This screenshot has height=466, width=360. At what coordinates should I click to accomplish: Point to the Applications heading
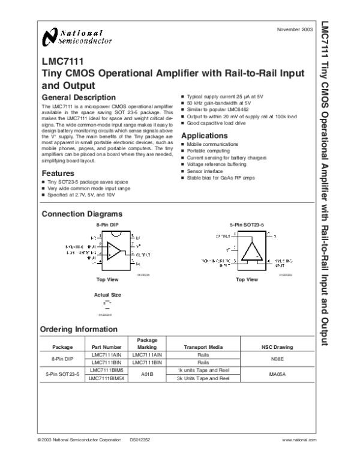203,136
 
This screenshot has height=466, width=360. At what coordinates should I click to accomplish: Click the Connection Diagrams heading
82,214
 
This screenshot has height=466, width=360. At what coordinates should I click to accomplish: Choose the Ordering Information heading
79,329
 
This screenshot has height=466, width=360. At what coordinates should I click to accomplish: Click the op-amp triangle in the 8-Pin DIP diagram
113,251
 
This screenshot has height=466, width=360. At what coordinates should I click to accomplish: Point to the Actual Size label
107,295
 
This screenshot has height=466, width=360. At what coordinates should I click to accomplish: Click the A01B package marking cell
147,375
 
